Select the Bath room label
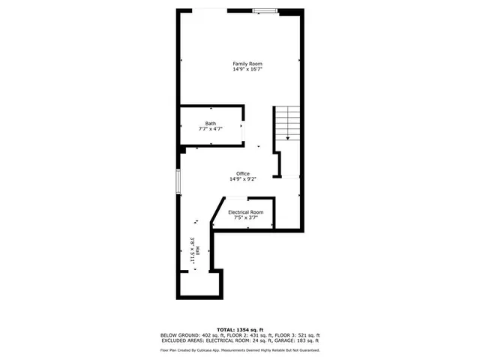coord(211,123)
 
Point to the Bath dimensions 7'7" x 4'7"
coord(211,129)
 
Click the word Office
coord(242,173)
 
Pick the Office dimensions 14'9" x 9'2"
coord(242,179)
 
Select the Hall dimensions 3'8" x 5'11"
coord(193,248)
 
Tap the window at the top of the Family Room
coord(263,10)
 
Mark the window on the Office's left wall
coord(178,182)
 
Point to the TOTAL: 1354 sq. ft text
coord(240,329)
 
